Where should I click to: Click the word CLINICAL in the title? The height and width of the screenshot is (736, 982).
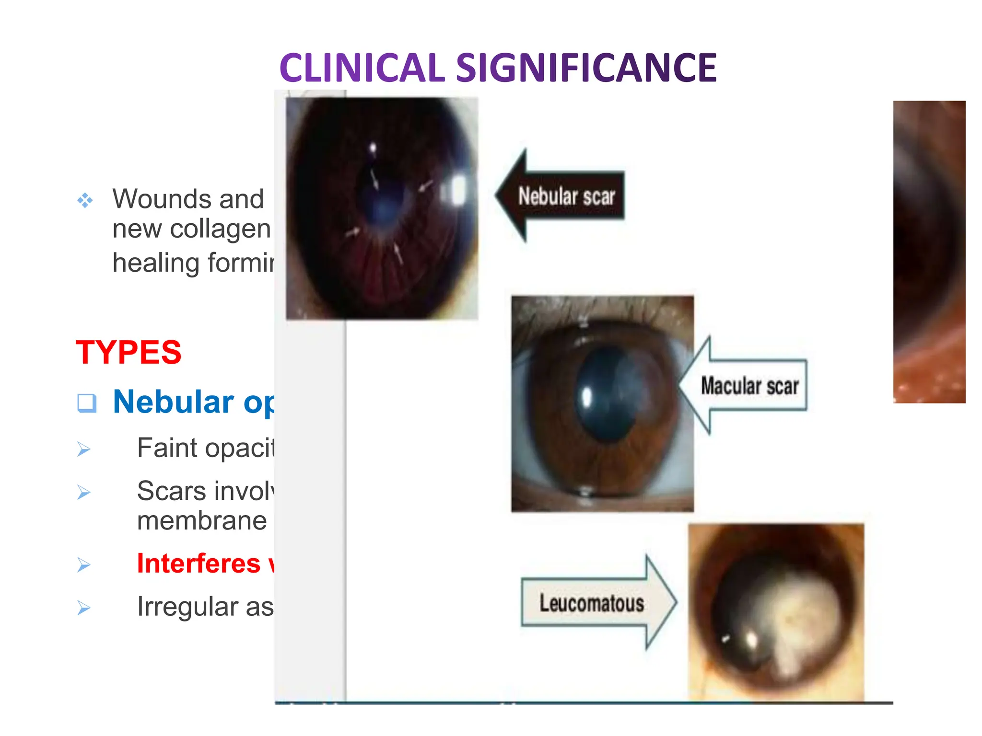362,69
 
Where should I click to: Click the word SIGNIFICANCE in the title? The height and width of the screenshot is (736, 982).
586,69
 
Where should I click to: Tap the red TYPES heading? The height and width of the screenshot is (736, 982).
129,353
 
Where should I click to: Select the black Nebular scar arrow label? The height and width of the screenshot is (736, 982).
566,196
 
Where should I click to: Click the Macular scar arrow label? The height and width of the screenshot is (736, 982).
749,386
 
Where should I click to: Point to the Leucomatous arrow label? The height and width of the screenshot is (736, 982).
591,603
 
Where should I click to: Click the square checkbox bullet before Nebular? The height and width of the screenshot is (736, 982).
87,403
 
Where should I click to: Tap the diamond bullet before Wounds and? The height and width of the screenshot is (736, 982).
85,200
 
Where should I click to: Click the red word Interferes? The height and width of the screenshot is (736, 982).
199,563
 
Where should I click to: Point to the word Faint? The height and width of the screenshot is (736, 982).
167,448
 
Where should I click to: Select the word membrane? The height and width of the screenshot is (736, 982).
202,521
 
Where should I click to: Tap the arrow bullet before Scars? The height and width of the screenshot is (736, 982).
84,493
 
